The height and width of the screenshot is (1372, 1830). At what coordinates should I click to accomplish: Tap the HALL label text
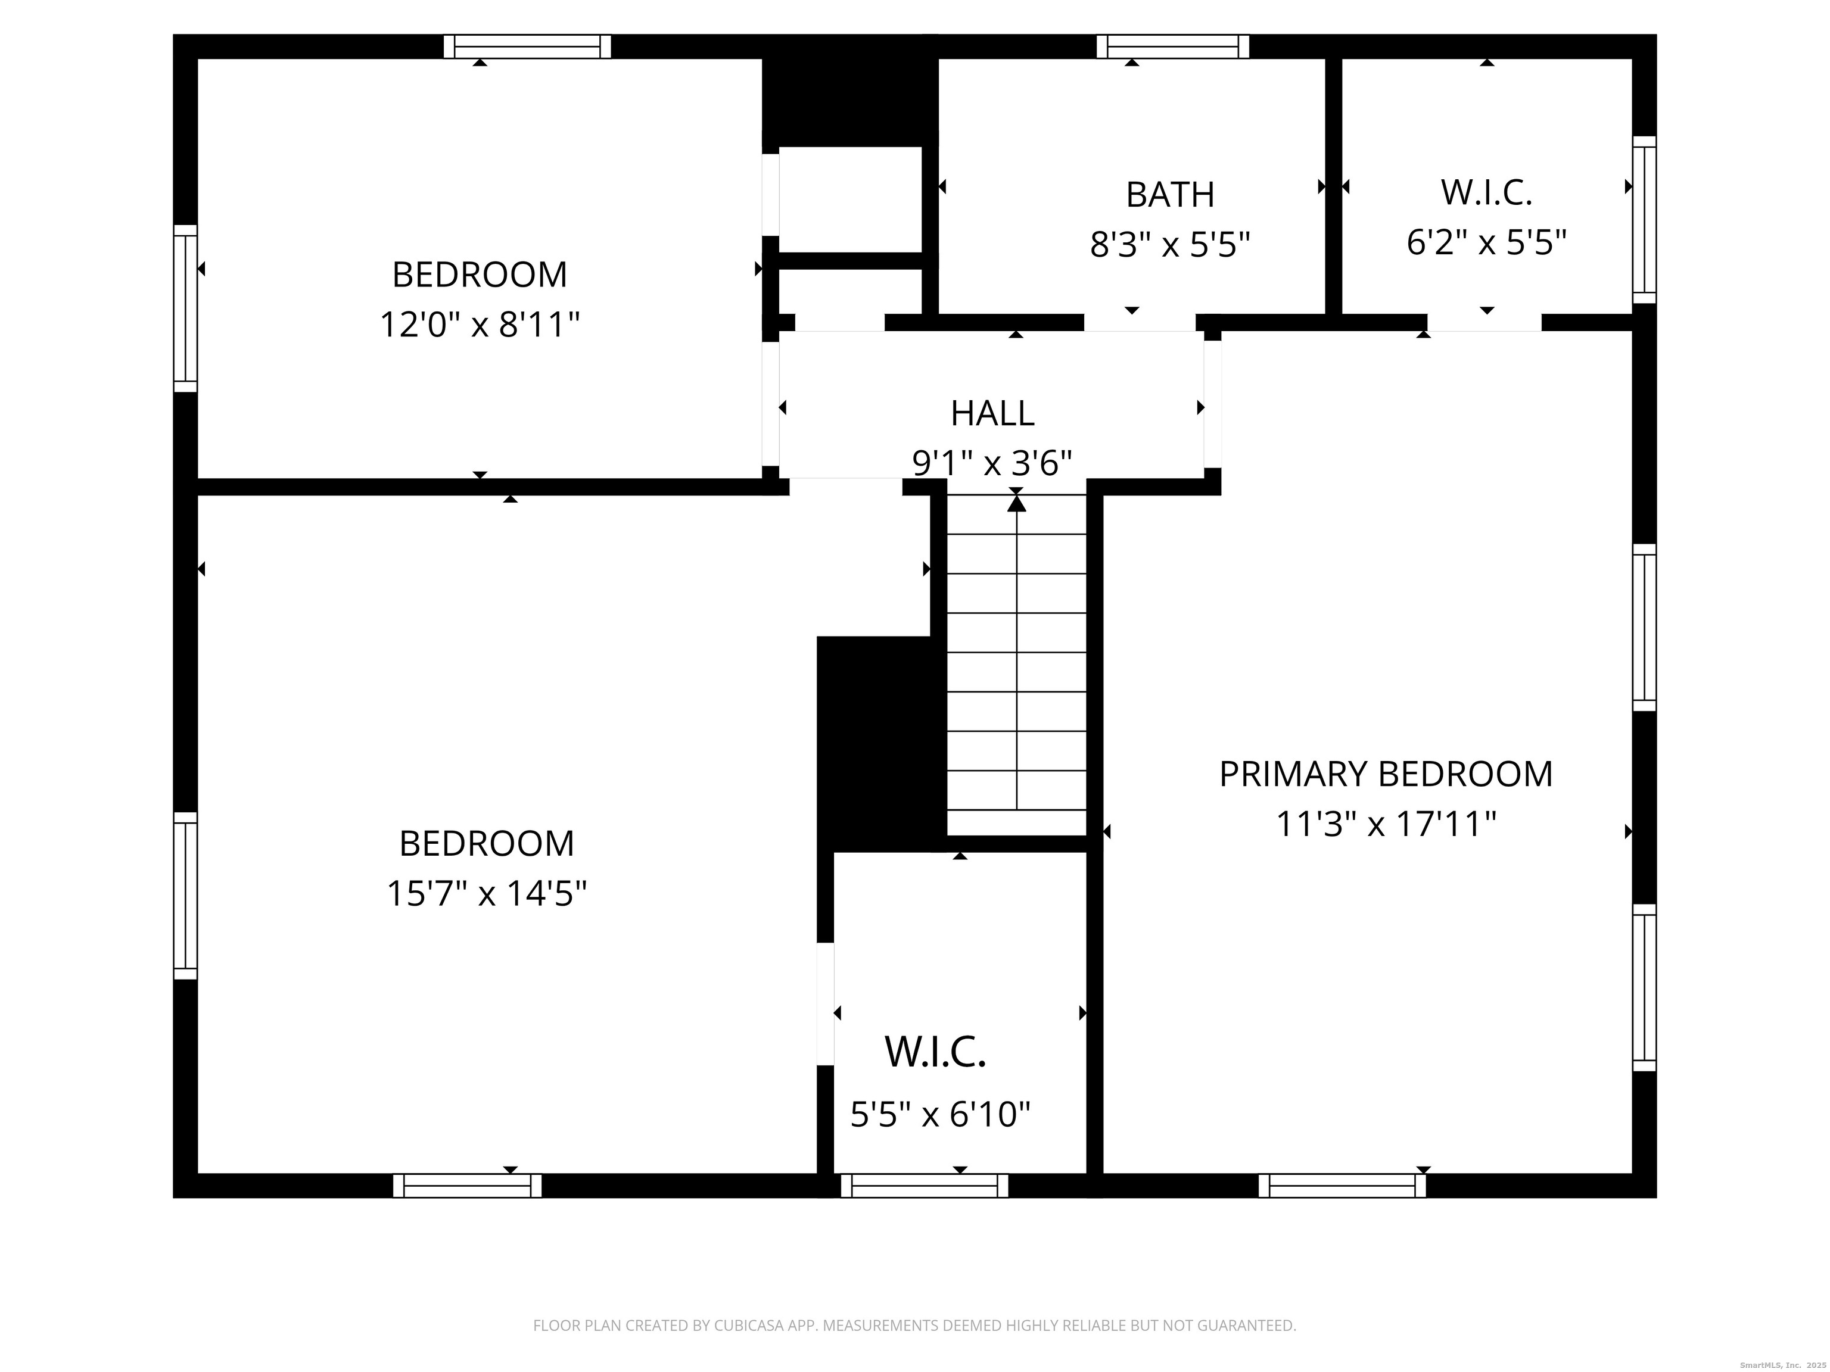coord(992,413)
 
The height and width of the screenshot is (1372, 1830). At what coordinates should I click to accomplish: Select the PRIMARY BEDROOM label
coord(1386,774)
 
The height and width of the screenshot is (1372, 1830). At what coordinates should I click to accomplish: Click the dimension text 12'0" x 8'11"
coord(480,324)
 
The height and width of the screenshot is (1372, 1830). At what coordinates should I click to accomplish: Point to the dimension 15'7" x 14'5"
coord(487,893)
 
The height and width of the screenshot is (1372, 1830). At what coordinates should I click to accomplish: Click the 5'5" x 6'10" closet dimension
coord(941,1114)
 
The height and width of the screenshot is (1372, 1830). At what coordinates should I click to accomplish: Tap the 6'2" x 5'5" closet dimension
coord(1487,242)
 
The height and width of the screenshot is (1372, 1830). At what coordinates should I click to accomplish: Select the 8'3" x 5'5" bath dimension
coord(1170,245)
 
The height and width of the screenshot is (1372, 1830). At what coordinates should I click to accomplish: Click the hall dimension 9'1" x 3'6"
coord(992,463)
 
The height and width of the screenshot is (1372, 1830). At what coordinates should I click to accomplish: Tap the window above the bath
coord(1173,46)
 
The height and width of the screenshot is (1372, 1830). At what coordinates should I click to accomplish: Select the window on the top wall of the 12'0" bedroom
coord(527,46)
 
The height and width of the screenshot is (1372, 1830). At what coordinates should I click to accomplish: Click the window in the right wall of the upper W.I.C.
coord(1645,220)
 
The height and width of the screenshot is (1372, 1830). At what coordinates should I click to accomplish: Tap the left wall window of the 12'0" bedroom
coord(185,308)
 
